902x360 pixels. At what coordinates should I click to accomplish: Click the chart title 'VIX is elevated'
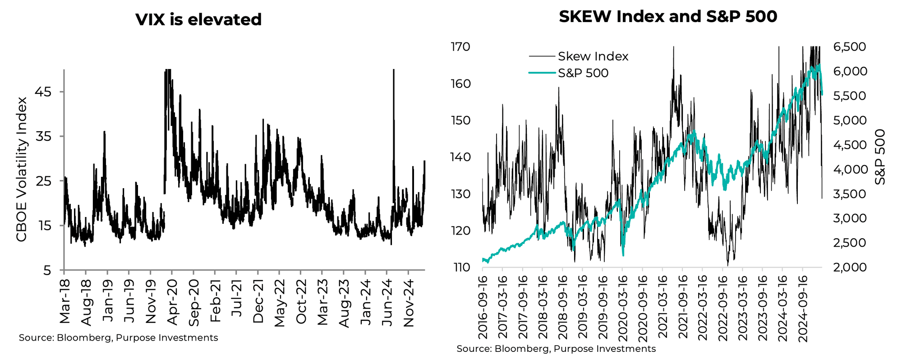click(198, 19)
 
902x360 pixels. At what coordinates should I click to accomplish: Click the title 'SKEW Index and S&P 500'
click(668, 17)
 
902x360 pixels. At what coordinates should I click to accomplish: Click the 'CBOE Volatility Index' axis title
click(22, 169)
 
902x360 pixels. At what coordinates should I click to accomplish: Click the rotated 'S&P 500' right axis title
click(879, 157)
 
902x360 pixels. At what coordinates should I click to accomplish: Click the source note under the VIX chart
click(118, 338)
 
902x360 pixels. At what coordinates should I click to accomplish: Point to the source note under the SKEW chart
click(556, 349)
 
